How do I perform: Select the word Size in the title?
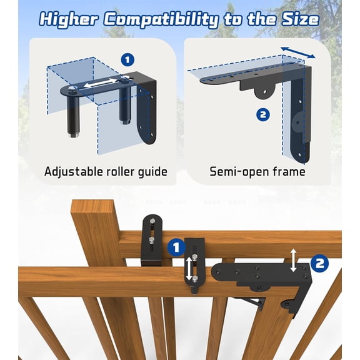click(299, 19)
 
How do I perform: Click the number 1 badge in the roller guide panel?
click(127, 60)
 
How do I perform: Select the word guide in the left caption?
click(152, 171)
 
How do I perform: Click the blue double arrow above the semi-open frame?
click(297, 52)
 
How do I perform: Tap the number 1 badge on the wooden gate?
click(176, 247)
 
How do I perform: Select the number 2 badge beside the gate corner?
click(319, 263)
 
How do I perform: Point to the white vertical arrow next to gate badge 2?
click(294, 259)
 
